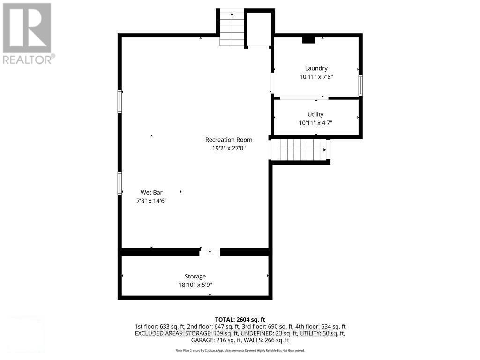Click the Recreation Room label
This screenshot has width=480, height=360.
[229, 140]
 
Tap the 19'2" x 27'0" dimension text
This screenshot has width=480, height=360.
[229, 148]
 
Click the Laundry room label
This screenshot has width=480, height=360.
[316, 68]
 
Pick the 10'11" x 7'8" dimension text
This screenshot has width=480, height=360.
[316, 77]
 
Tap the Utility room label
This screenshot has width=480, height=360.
[315, 114]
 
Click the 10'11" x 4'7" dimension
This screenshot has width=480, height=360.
[315, 123]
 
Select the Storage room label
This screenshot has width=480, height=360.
[195, 277]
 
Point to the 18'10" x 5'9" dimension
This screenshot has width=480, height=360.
[195, 285]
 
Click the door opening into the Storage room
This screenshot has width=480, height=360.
[210, 252]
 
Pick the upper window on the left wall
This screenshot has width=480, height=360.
[120, 102]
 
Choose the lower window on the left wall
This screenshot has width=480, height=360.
[120, 183]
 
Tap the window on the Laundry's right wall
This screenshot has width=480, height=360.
[360, 85]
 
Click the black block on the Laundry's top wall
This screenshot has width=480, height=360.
[309, 40]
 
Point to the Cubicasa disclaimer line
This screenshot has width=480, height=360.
[240, 350]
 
